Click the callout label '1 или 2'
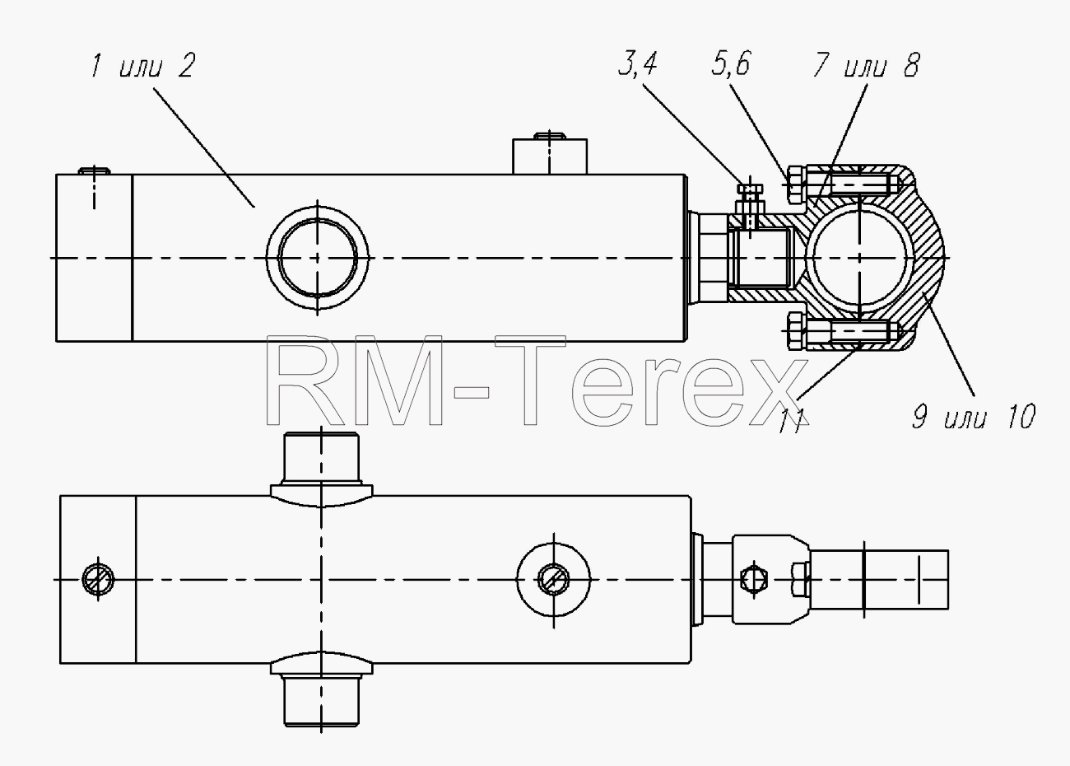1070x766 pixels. [x=143, y=66]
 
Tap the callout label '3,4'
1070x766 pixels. [x=638, y=64]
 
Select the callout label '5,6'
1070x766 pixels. [x=730, y=63]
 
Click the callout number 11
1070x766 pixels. [x=792, y=421]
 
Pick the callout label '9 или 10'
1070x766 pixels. [x=974, y=416]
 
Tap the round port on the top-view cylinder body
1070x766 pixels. [x=317, y=258]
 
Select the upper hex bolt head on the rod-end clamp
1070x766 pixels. [x=795, y=184]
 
